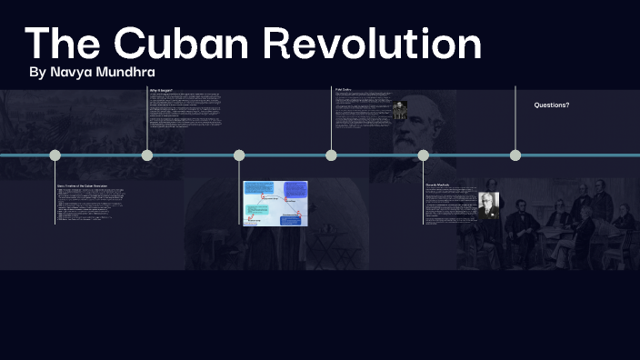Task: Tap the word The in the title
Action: [x=61, y=44]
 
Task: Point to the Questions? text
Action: [x=552, y=105]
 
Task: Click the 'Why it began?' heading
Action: [x=162, y=90]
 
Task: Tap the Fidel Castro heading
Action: [x=344, y=89]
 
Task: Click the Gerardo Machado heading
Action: [x=437, y=185]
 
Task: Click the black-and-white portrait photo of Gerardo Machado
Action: [x=489, y=205]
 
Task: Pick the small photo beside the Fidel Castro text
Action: [x=399, y=110]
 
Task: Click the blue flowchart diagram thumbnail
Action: [x=275, y=203]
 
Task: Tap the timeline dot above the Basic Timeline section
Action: [x=55, y=155]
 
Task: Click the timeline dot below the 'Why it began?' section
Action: [x=147, y=155]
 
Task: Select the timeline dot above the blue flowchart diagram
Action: [x=239, y=155]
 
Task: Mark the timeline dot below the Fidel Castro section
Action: [x=331, y=155]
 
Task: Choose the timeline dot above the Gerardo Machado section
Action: [x=423, y=155]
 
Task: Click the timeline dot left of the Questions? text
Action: [x=515, y=155]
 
